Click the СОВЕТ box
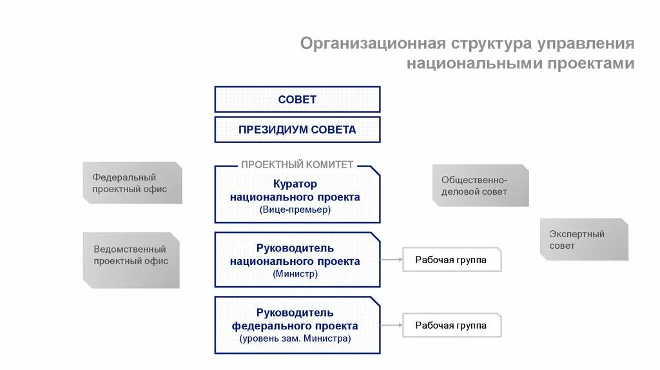click(297, 99)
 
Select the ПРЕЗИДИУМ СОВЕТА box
click(297, 130)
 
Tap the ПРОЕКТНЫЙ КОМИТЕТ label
click(297, 164)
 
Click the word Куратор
click(295, 184)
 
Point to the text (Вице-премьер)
click(295, 209)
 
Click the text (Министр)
click(295, 274)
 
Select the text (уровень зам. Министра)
click(295, 338)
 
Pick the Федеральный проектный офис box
click(132, 183)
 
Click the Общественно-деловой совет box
click(480, 186)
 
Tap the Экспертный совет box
click(584, 240)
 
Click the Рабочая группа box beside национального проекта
click(451, 260)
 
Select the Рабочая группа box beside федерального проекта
click(451, 326)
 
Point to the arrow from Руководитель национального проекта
click(391, 260)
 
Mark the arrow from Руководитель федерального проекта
click(391, 326)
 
